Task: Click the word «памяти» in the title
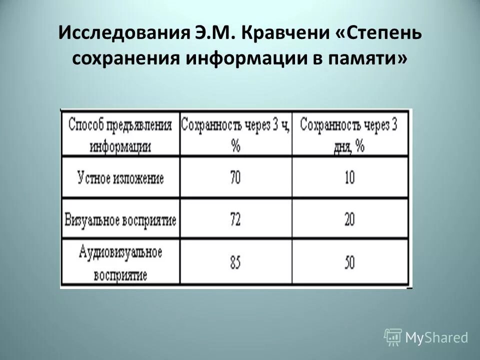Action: [369, 59]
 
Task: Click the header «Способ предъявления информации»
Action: [119, 133]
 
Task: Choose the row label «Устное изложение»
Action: [120, 177]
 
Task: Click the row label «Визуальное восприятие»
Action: [120, 219]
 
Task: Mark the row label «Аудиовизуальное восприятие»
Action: [120, 263]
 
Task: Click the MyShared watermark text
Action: [436, 337]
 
